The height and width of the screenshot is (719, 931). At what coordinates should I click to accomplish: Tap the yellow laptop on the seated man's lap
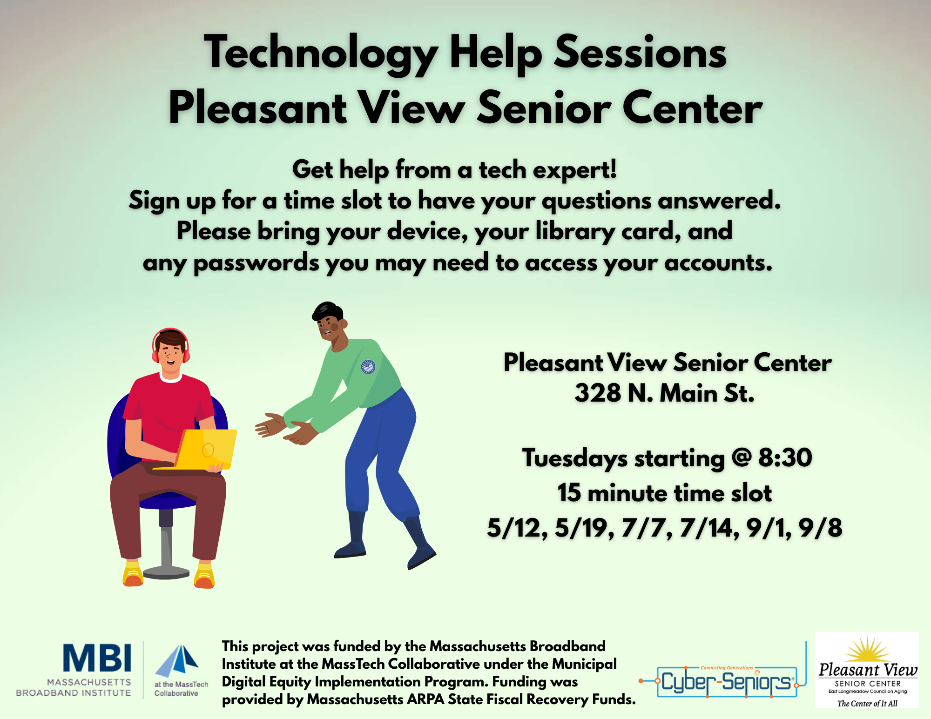click(x=205, y=450)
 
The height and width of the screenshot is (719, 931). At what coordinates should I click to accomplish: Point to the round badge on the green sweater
click(x=368, y=367)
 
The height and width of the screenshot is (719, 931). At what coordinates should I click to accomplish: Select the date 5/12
click(x=517, y=528)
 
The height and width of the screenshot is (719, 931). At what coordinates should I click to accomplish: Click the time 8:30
click(x=785, y=457)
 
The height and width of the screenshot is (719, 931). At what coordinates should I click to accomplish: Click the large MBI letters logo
click(x=97, y=658)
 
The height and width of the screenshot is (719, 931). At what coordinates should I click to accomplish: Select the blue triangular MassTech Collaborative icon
click(x=177, y=661)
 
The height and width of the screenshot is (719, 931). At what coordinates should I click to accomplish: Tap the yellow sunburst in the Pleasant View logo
click(x=867, y=650)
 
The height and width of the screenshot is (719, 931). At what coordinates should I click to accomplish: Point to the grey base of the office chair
click(x=166, y=571)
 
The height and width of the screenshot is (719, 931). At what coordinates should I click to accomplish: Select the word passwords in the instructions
click(x=256, y=263)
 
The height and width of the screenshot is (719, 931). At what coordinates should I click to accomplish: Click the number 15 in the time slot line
click(x=569, y=493)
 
